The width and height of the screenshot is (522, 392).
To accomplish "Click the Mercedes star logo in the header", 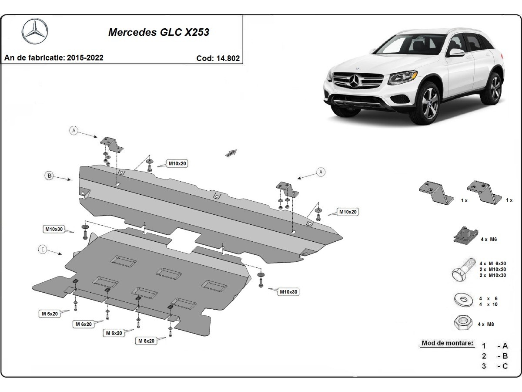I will pos(35,31).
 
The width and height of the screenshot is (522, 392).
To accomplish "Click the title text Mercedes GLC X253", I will pos(158,32).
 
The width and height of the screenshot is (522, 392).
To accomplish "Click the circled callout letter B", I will pos(50,176).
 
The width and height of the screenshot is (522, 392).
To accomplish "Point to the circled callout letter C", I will pos(43,249).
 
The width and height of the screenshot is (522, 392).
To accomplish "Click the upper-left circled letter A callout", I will pos(74,130).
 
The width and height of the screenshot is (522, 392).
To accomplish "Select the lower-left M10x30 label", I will pos(54,229).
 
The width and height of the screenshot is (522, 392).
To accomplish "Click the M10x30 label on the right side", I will pos(288,291).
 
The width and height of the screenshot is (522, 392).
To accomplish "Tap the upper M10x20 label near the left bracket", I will pos(177,164).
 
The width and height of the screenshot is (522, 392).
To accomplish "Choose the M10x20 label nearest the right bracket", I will pos(348,212).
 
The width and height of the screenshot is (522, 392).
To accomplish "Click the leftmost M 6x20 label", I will pos(50,314).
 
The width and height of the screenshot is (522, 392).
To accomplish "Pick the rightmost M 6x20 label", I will pos(147,341).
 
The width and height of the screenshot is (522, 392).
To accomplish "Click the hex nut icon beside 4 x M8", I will pos(463,323).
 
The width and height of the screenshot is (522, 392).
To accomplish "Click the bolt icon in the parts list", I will pos(463,270).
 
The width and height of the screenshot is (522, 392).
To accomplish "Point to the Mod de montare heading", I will pos(447,343).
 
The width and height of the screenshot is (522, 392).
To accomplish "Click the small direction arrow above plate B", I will pos(231,152).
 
